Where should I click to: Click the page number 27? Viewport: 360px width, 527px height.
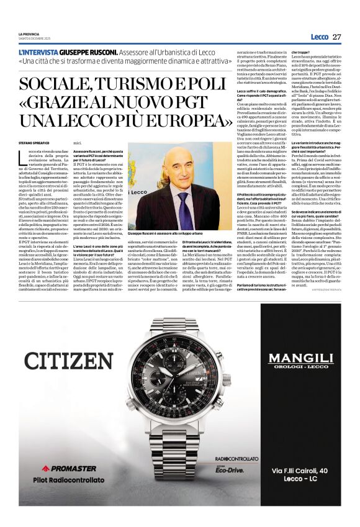[x=336, y=37]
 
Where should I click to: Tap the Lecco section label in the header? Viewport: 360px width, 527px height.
[x=319, y=37]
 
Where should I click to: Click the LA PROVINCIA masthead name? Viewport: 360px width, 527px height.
[x=29, y=34]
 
